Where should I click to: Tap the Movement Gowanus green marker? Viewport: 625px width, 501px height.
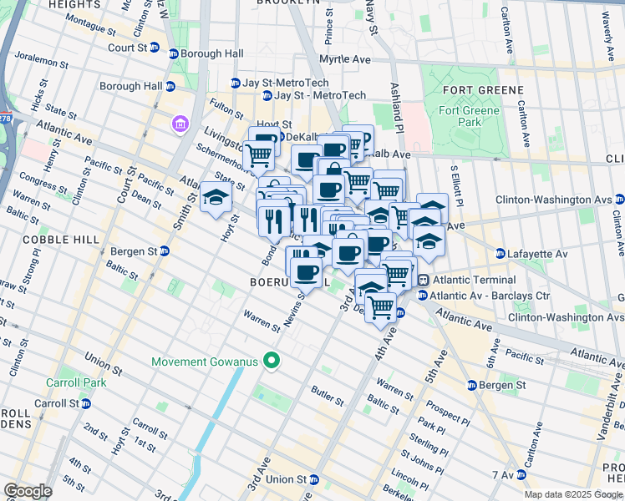[270, 362]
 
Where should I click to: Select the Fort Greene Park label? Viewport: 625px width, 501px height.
[471, 116]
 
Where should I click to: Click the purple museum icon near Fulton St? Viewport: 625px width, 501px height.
[179, 124]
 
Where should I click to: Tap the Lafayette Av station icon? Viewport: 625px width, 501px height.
[500, 254]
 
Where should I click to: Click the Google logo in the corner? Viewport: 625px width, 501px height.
[27, 491]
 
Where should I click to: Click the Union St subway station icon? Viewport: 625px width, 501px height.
[313, 479]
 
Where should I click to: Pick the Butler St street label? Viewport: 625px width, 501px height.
[328, 395]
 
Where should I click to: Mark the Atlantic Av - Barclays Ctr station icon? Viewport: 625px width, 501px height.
[423, 295]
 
